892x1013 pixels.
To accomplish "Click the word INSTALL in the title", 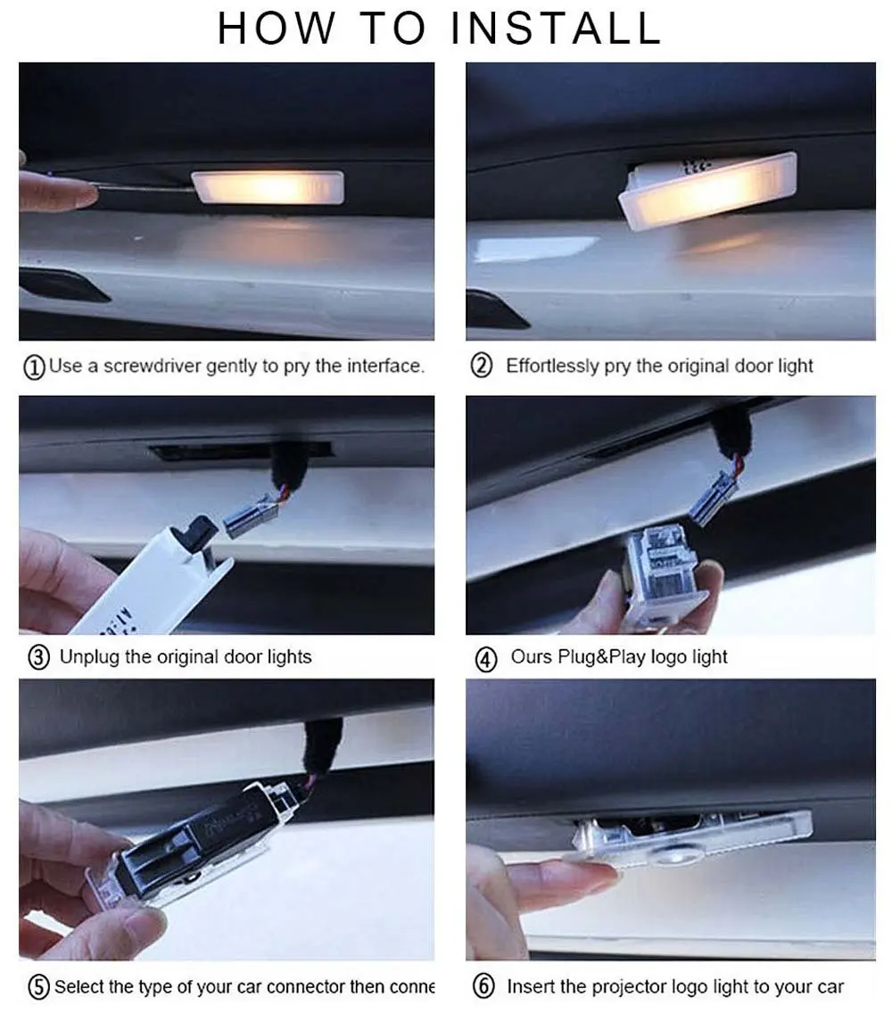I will pos(556,28).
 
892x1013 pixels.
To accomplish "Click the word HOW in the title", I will pos(277,28).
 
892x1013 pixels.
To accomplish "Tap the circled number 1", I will pos(35,367).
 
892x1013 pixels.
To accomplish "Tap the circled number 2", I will pos(482,366).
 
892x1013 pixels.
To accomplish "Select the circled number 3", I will pos(38,659).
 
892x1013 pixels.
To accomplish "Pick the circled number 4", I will pos(485,660).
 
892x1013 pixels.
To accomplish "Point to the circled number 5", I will pos(38,988).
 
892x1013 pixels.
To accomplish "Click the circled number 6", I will pos(483,987).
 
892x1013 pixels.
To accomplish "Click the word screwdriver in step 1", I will pos(153,366).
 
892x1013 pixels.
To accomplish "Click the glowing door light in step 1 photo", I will pos(268,187).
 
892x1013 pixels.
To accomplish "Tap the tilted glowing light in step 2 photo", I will pos(705,192).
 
